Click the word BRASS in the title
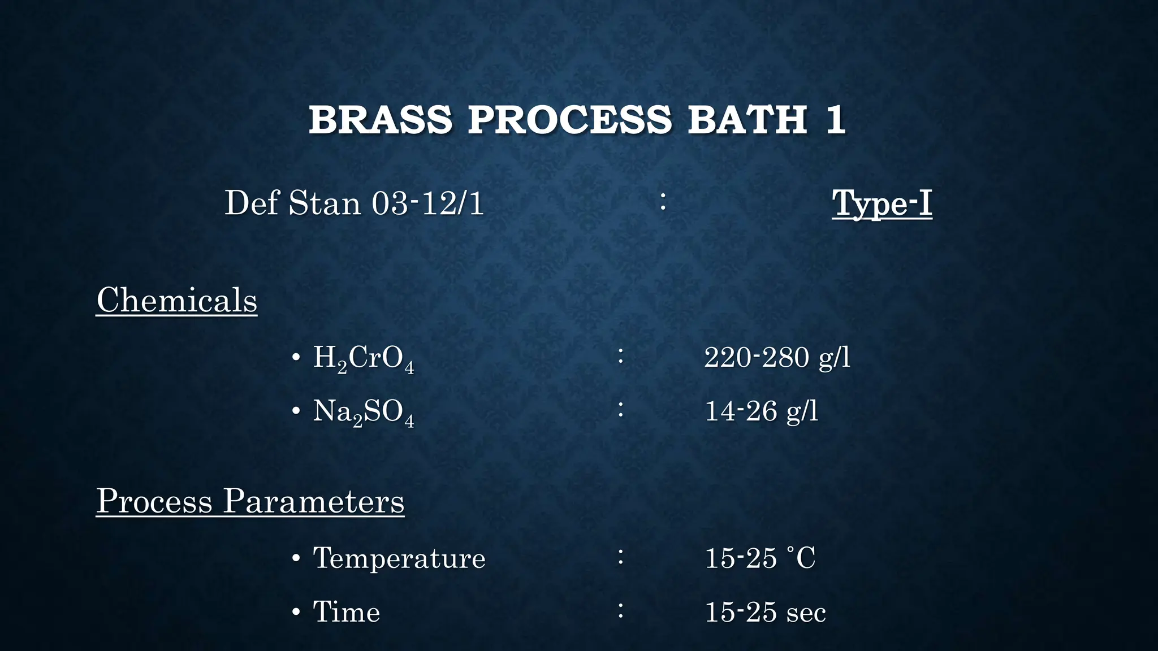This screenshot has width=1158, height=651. pyautogui.click(x=381, y=120)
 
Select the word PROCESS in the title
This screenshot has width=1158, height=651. pyautogui.click(x=570, y=120)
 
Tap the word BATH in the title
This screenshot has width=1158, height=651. pyautogui.click(x=747, y=120)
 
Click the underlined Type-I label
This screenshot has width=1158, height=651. pyautogui.click(x=882, y=203)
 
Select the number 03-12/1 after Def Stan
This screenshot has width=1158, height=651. pyautogui.click(x=427, y=203)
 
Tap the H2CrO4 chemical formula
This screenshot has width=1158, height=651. pyautogui.click(x=364, y=358)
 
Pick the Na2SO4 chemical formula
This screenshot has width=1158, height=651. pyautogui.click(x=364, y=412)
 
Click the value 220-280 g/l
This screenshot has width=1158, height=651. pyautogui.click(x=777, y=358)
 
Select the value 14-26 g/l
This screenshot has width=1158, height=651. pyautogui.click(x=761, y=411)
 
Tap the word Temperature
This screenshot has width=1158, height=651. pyautogui.click(x=399, y=558)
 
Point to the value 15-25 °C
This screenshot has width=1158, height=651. pyautogui.click(x=759, y=558)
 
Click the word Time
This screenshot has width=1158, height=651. pyautogui.click(x=347, y=612)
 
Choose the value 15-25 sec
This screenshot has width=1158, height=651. pyautogui.click(x=765, y=613)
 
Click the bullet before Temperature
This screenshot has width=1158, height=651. pyautogui.click(x=296, y=559)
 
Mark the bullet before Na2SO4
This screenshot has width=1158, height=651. pyautogui.click(x=296, y=411)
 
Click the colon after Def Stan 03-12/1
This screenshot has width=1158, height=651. pyautogui.click(x=663, y=202)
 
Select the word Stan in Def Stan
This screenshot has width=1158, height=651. pyautogui.click(x=325, y=203)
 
